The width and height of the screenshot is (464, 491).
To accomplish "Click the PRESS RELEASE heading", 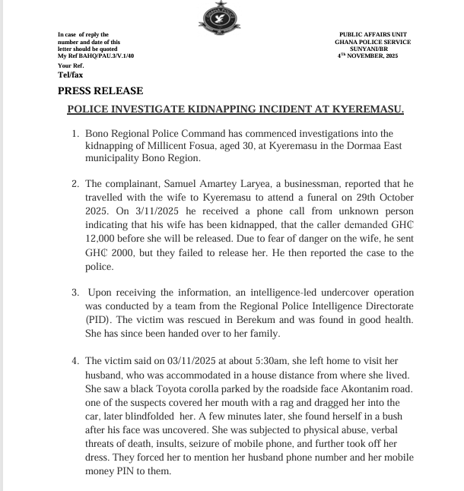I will point(95,90).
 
